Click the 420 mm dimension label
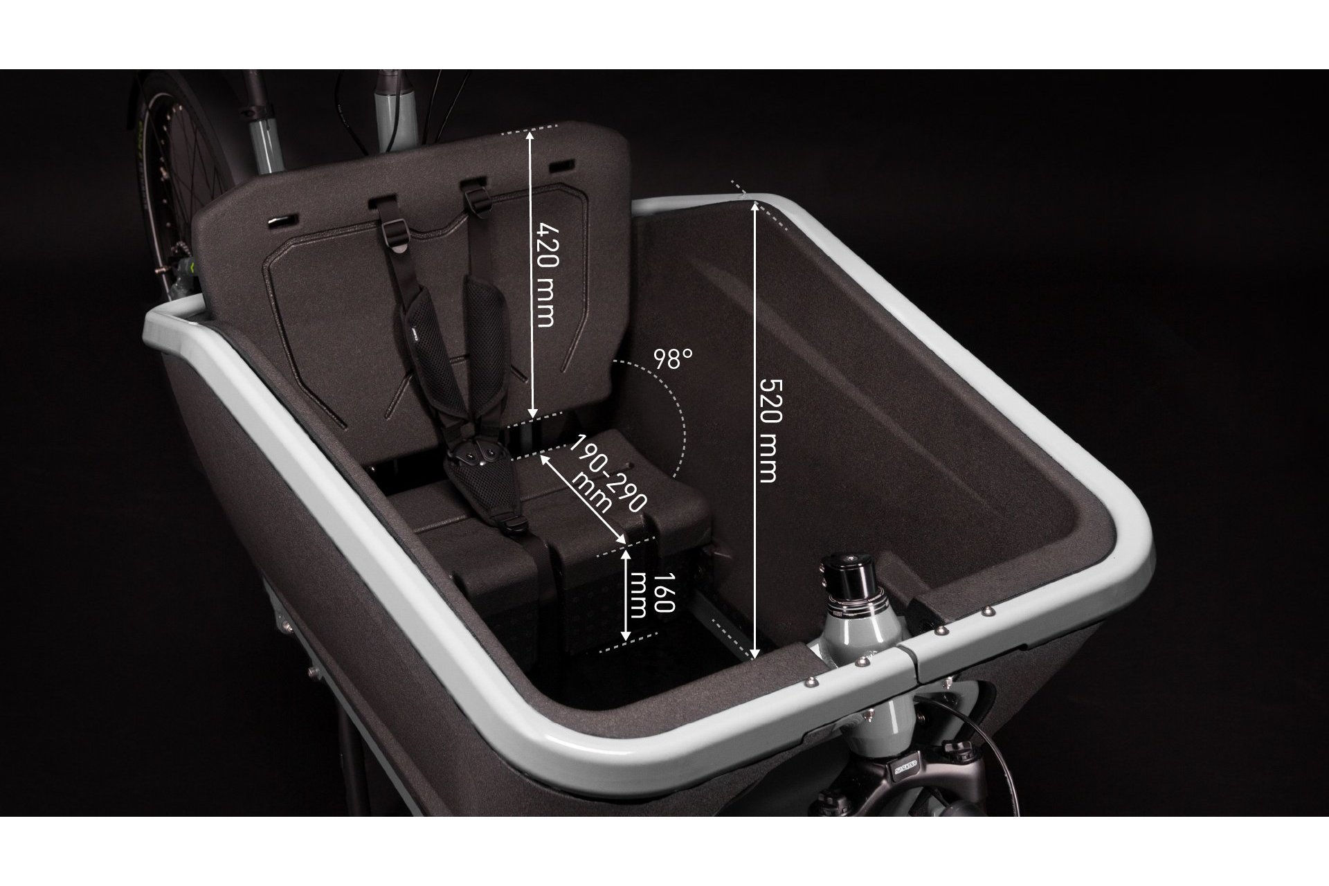coord(545,275)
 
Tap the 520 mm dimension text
coord(768,429)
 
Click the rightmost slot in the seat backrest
coord(561,167)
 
